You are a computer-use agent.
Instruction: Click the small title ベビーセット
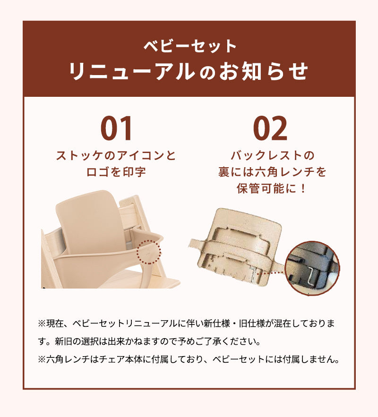(x=190, y=46)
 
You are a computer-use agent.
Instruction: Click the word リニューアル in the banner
(x=131, y=71)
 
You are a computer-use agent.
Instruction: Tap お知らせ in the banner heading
(x=263, y=71)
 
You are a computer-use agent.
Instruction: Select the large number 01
(x=116, y=129)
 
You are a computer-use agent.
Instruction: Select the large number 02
(x=270, y=129)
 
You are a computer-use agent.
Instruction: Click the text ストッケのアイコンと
(x=116, y=155)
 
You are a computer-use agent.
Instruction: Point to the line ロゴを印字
(x=116, y=172)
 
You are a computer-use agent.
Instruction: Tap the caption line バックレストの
(x=272, y=155)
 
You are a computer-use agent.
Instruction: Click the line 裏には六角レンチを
(x=272, y=172)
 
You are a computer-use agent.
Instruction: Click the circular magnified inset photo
(x=312, y=268)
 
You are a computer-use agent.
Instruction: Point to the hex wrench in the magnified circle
(x=312, y=275)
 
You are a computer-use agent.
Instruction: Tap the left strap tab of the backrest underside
(x=197, y=244)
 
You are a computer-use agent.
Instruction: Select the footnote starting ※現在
(x=186, y=332)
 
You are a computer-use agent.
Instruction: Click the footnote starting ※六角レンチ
(x=189, y=359)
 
